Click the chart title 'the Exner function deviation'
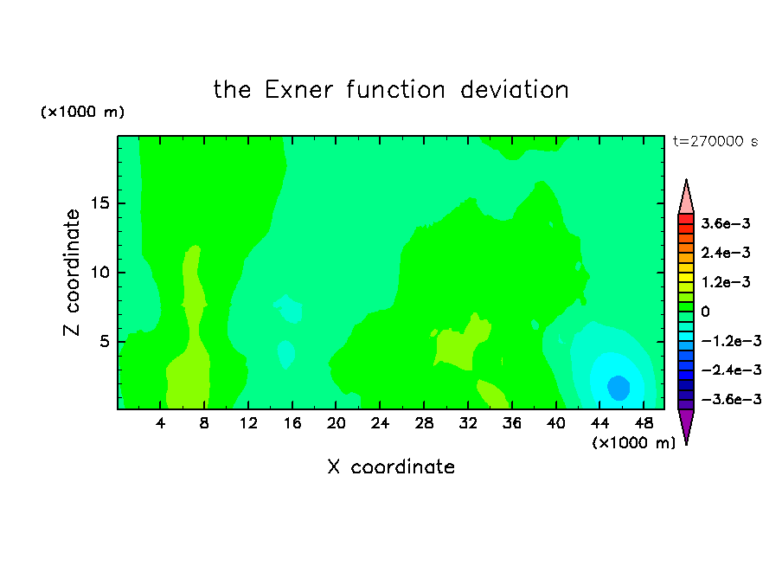click(x=391, y=90)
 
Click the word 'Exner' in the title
click(x=298, y=90)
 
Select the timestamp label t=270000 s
click(x=715, y=142)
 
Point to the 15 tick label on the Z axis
click(x=99, y=203)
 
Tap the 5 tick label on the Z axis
click(x=104, y=341)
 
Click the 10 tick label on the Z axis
click(x=99, y=273)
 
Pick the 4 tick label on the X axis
click(x=160, y=423)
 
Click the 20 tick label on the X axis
click(x=336, y=423)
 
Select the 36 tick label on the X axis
click(x=512, y=423)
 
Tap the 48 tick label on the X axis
click(x=644, y=423)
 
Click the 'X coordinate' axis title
click(x=391, y=466)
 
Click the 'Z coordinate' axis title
click(x=72, y=273)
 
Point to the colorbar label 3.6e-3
click(x=726, y=223)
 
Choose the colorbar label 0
click(x=705, y=312)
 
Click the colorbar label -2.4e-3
click(x=731, y=370)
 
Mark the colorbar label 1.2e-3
click(x=726, y=282)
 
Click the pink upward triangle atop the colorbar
click(x=686, y=197)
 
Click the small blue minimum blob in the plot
click(x=619, y=388)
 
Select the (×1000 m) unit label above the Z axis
click(x=82, y=112)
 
